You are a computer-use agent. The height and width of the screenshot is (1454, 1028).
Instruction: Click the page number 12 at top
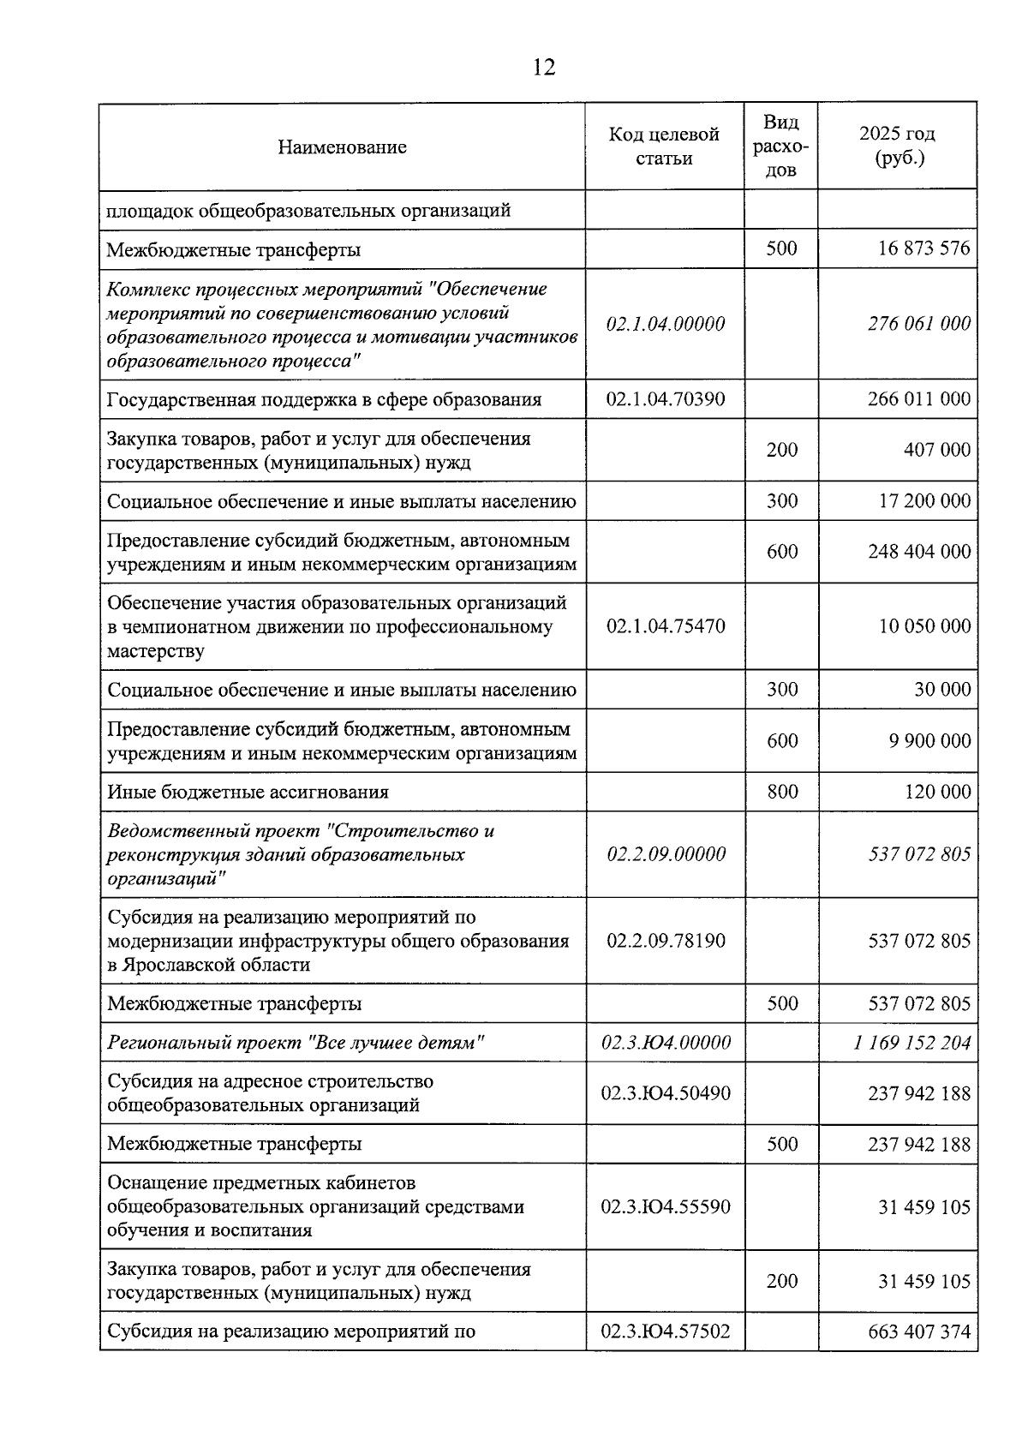pyautogui.click(x=544, y=67)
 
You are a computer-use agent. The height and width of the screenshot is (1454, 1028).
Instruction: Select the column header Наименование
pyautogui.click(x=342, y=147)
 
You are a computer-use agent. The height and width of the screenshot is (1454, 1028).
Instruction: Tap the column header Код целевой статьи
pyautogui.click(x=664, y=147)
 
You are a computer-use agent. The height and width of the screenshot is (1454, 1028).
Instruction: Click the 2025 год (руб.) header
pyautogui.click(x=897, y=147)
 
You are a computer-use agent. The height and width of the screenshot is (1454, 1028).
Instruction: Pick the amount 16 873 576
pyautogui.click(x=923, y=248)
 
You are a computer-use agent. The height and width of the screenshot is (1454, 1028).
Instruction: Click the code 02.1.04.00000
pyautogui.click(x=665, y=324)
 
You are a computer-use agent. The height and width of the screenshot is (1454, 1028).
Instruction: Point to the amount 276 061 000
pyautogui.click(x=919, y=324)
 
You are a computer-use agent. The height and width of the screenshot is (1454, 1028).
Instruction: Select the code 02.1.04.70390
pyautogui.click(x=665, y=399)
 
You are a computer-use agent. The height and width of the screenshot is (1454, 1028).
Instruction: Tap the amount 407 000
pyautogui.click(x=937, y=450)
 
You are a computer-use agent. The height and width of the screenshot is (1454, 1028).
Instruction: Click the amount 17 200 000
pyautogui.click(x=924, y=501)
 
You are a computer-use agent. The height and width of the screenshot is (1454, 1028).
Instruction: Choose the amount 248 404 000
pyautogui.click(x=919, y=552)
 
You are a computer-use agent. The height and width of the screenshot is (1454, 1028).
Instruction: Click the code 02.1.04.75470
pyautogui.click(x=665, y=626)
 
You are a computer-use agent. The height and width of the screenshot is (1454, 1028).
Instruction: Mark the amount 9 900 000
pyautogui.click(x=929, y=741)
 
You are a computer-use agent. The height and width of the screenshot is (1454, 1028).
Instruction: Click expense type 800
pyautogui.click(x=782, y=792)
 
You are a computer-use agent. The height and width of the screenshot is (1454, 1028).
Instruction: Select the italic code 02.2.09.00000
pyautogui.click(x=666, y=854)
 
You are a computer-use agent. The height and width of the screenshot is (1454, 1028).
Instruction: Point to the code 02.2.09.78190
pyautogui.click(x=666, y=941)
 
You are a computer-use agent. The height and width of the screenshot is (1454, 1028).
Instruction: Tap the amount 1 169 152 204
pyautogui.click(x=912, y=1043)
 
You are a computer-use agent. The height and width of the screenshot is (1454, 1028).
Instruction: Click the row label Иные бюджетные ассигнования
pyautogui.click(x=248, y=792)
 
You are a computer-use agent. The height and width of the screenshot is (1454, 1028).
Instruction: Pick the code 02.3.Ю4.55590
pyautogui.click(x=666, y=1207)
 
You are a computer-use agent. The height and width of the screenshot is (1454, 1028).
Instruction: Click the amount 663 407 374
pyautogui.click(x=919, y=1331)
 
